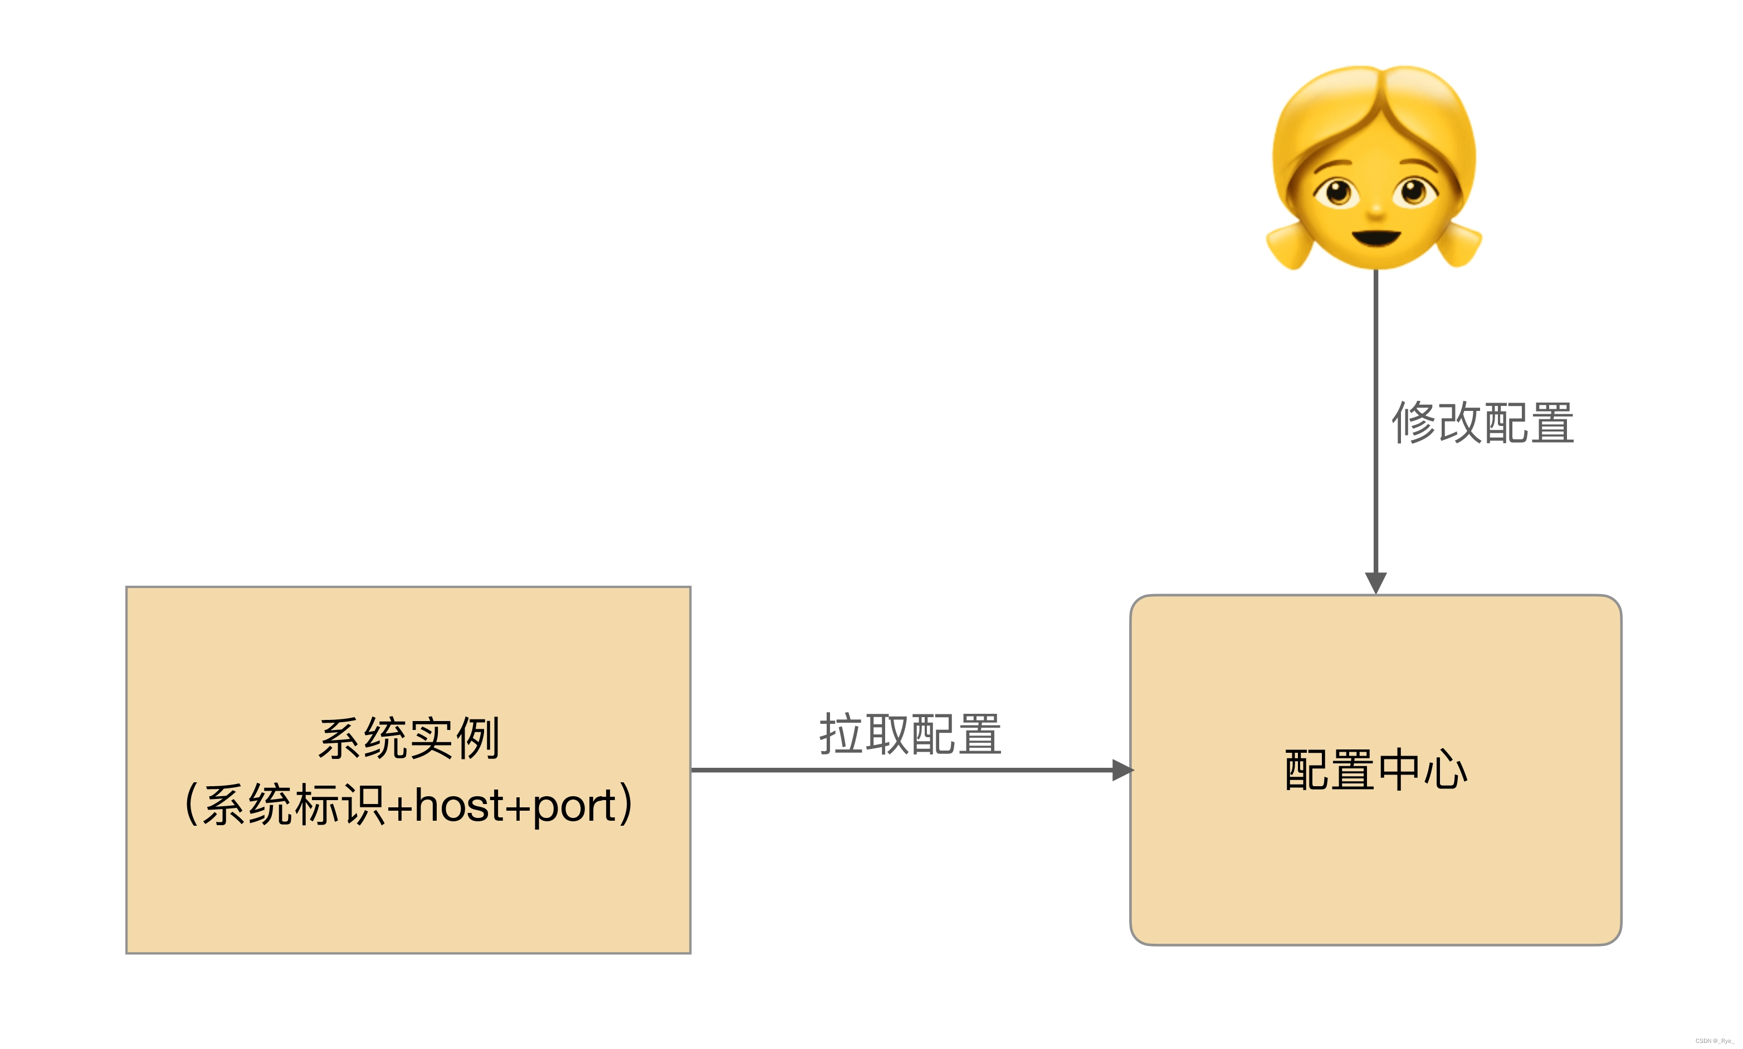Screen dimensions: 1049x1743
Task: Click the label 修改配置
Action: click(x=1482, y=423)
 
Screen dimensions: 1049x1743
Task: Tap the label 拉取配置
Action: click(x=910, y=734)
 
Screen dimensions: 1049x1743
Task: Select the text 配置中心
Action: click(x=1375, y=770)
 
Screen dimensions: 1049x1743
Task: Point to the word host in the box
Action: click(x=459, y=805)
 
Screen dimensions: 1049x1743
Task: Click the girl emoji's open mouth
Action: click(x=1376, y=237)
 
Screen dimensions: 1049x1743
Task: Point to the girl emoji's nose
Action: click(x=1376, y=210)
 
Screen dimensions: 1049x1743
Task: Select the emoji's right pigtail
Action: click(x=1461, y=244)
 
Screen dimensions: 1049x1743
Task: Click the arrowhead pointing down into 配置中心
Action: click(x=1375, y=582)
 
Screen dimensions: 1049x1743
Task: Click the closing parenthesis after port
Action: click(x=625, y=805)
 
